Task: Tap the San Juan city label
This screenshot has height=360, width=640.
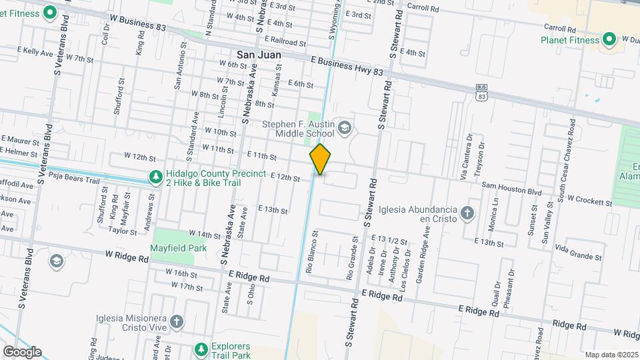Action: coord(259,54)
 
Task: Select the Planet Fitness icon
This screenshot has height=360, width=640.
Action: coord(609,40)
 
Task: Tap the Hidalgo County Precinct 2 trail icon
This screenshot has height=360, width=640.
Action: coord(155,177)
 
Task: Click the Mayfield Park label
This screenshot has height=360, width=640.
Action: coord(178,248)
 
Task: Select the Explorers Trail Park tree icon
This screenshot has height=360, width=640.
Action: coord(201,349)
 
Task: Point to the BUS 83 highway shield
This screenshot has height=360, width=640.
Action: coord(482,92)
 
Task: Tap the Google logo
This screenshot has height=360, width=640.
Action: coord(22,351)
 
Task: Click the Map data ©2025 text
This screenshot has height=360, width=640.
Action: coord(611,355)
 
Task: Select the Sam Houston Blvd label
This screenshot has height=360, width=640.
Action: coord(511,191)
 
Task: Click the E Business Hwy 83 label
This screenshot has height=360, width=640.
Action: coord(347,65)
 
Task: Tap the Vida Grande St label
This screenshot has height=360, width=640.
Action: coord(578,251)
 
